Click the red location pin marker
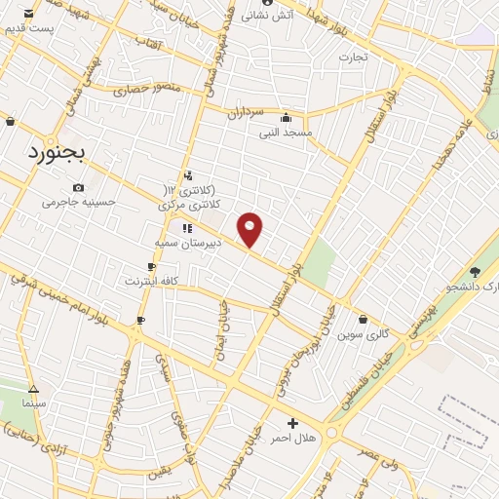click(x=250, y=229)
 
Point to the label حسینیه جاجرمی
click(x=78, y=203)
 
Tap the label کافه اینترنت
click(x=152, y=281)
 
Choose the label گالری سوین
click(x=364, y=333)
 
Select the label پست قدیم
click(x=28, y=28)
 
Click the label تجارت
click(x=353, y=57)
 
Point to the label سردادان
click(x=248, y=112)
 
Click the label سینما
click(x=33, y=401)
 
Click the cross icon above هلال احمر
click(x=292, y=422)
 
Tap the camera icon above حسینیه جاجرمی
click(x=78, y=188)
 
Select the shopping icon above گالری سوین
click(x=364, y=319)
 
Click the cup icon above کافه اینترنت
click(x=152, y=266)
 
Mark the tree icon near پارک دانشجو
click(x=476, y=272)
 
